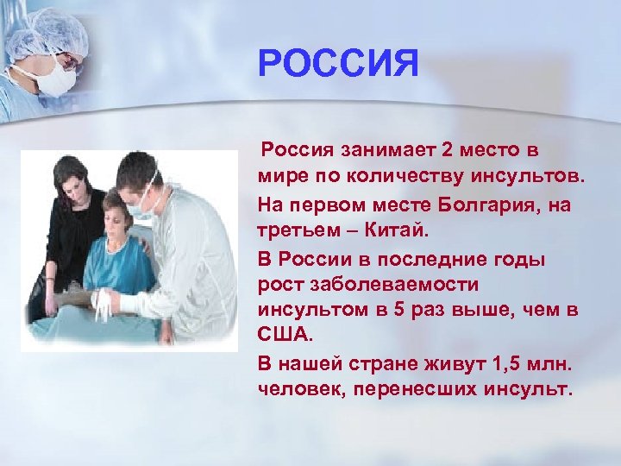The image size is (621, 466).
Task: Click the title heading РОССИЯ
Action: [x=338, y=64]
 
